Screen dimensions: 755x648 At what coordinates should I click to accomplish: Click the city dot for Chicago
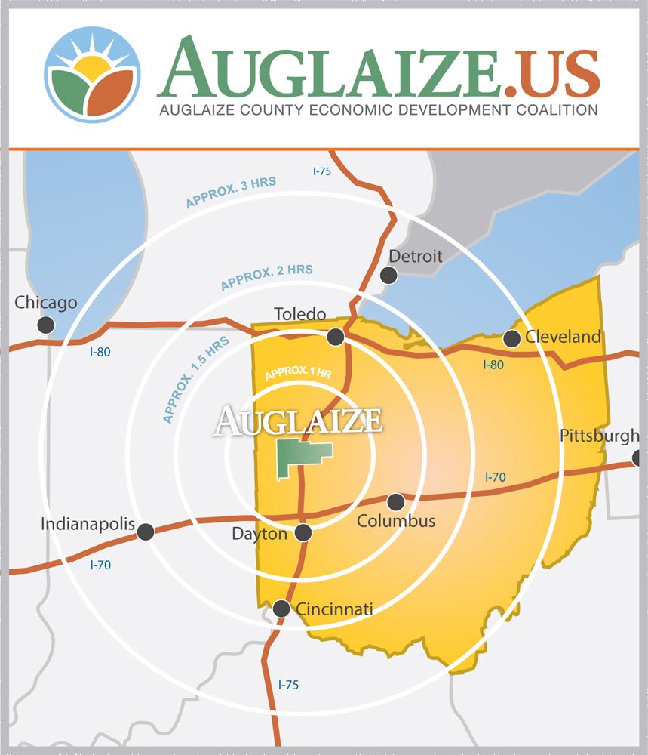click(x=46, y=325)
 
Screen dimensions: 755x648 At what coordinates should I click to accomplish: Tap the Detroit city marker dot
click(x=388, y=276)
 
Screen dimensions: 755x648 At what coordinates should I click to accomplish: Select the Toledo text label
click(x=299, y=313)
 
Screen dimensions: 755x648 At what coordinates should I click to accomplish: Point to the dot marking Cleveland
click(x=512, y=338)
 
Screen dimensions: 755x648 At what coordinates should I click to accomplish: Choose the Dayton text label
click(x=260, y=534)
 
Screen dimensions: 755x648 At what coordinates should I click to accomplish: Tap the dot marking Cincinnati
click(x=281, y=609)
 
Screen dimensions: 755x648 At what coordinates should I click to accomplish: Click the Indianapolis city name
click(x=88, y=524)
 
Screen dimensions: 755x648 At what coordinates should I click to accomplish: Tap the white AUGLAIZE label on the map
click(x=299, y=420)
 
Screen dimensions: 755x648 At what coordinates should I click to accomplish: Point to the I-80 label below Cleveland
click(x=493, y=365)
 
